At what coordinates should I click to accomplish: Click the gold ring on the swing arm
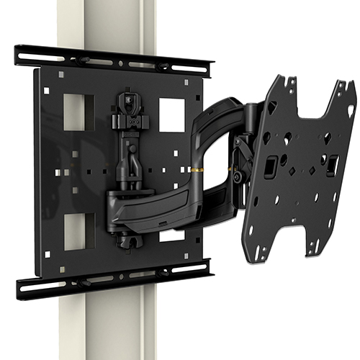click(197, 168)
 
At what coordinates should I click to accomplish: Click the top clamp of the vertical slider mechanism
click(131, 100)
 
